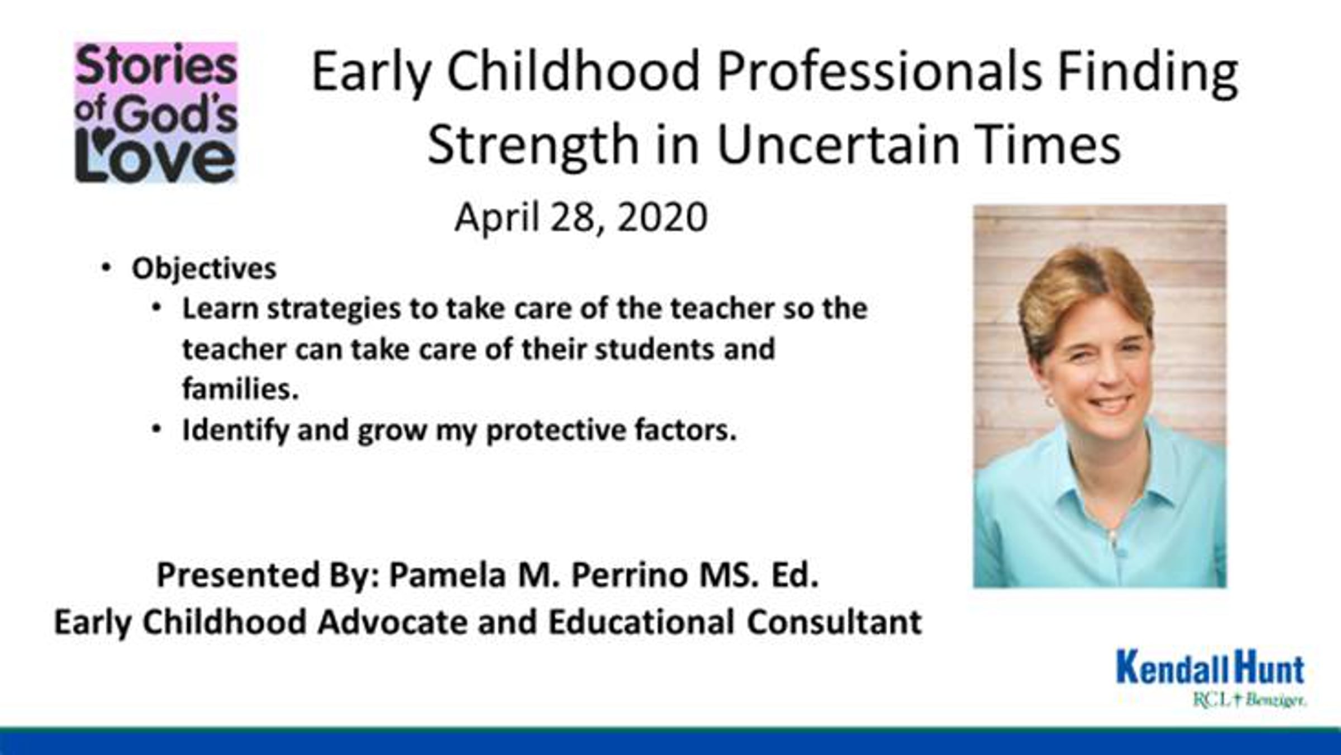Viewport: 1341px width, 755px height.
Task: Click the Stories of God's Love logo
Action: [156, 112]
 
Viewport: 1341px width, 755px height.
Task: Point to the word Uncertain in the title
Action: [838, 144]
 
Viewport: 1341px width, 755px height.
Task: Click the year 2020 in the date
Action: [663, 217]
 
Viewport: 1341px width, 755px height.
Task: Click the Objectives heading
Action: [204, 269]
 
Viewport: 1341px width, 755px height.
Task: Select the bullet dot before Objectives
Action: [106, 268]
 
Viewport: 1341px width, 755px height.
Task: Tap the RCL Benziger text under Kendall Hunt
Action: [1249, 700]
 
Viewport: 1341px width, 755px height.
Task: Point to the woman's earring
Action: [1049, 401]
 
